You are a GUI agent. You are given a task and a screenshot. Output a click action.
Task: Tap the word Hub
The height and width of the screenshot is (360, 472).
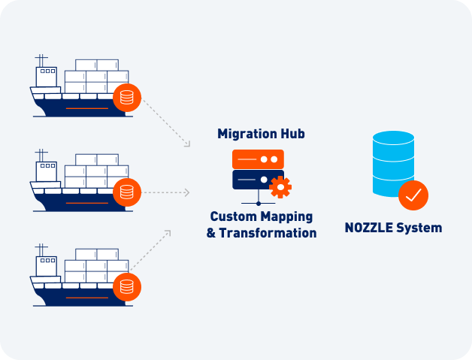coord(291,134)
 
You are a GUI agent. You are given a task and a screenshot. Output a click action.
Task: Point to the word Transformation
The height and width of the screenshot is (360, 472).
coord(268,233)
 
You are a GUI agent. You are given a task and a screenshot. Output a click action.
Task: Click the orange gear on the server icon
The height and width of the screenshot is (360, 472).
coord(280,186)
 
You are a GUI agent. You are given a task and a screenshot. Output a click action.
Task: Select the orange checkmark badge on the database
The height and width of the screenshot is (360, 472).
coord(413,195)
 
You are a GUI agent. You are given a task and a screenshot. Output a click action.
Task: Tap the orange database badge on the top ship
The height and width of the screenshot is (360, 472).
coord(127,98)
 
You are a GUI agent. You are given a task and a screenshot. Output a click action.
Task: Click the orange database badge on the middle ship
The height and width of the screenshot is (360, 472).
coord(127,192)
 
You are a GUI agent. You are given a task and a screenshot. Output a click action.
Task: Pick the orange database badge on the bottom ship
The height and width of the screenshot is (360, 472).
coord(127,286)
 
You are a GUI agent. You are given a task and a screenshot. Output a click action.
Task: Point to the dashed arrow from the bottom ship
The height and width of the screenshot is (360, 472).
coord(150,251)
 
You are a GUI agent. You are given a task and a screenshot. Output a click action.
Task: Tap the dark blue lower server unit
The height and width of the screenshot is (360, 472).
coord(252,180)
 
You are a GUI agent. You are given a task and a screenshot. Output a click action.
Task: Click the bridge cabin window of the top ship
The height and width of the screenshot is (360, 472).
coord(47,72)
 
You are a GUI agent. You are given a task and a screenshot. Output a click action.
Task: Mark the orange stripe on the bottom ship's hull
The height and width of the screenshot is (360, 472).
coord(86,298)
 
